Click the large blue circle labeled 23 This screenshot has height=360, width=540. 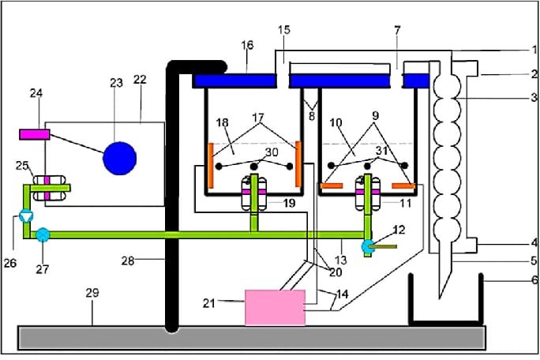(119, 159)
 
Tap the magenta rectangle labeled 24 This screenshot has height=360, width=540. (35, 134)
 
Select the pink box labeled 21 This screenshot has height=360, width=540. (275, 308)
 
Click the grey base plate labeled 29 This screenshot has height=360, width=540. (252, 338)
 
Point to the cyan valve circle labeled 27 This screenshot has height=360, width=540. (43, 235)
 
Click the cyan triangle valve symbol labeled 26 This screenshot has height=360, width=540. (26, 216)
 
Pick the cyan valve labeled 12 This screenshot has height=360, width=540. (367, 246)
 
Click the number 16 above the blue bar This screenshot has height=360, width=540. (247, 45)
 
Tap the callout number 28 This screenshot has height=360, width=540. (127, 261)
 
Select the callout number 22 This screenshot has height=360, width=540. (140, 80)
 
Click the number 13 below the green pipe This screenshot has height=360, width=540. (340, 260)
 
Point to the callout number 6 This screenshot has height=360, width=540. (534, 279)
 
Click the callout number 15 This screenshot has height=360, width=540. (284, 30)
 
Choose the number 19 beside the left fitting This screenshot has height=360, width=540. (289, 203)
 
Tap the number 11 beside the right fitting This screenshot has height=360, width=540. (406, 203)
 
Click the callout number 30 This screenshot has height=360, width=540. (272, 152)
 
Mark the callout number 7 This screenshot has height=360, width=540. (397, 30)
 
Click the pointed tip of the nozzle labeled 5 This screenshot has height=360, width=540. (439, 298)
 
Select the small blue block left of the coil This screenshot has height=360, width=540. (416, 81)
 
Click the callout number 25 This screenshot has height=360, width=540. (22, 166)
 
